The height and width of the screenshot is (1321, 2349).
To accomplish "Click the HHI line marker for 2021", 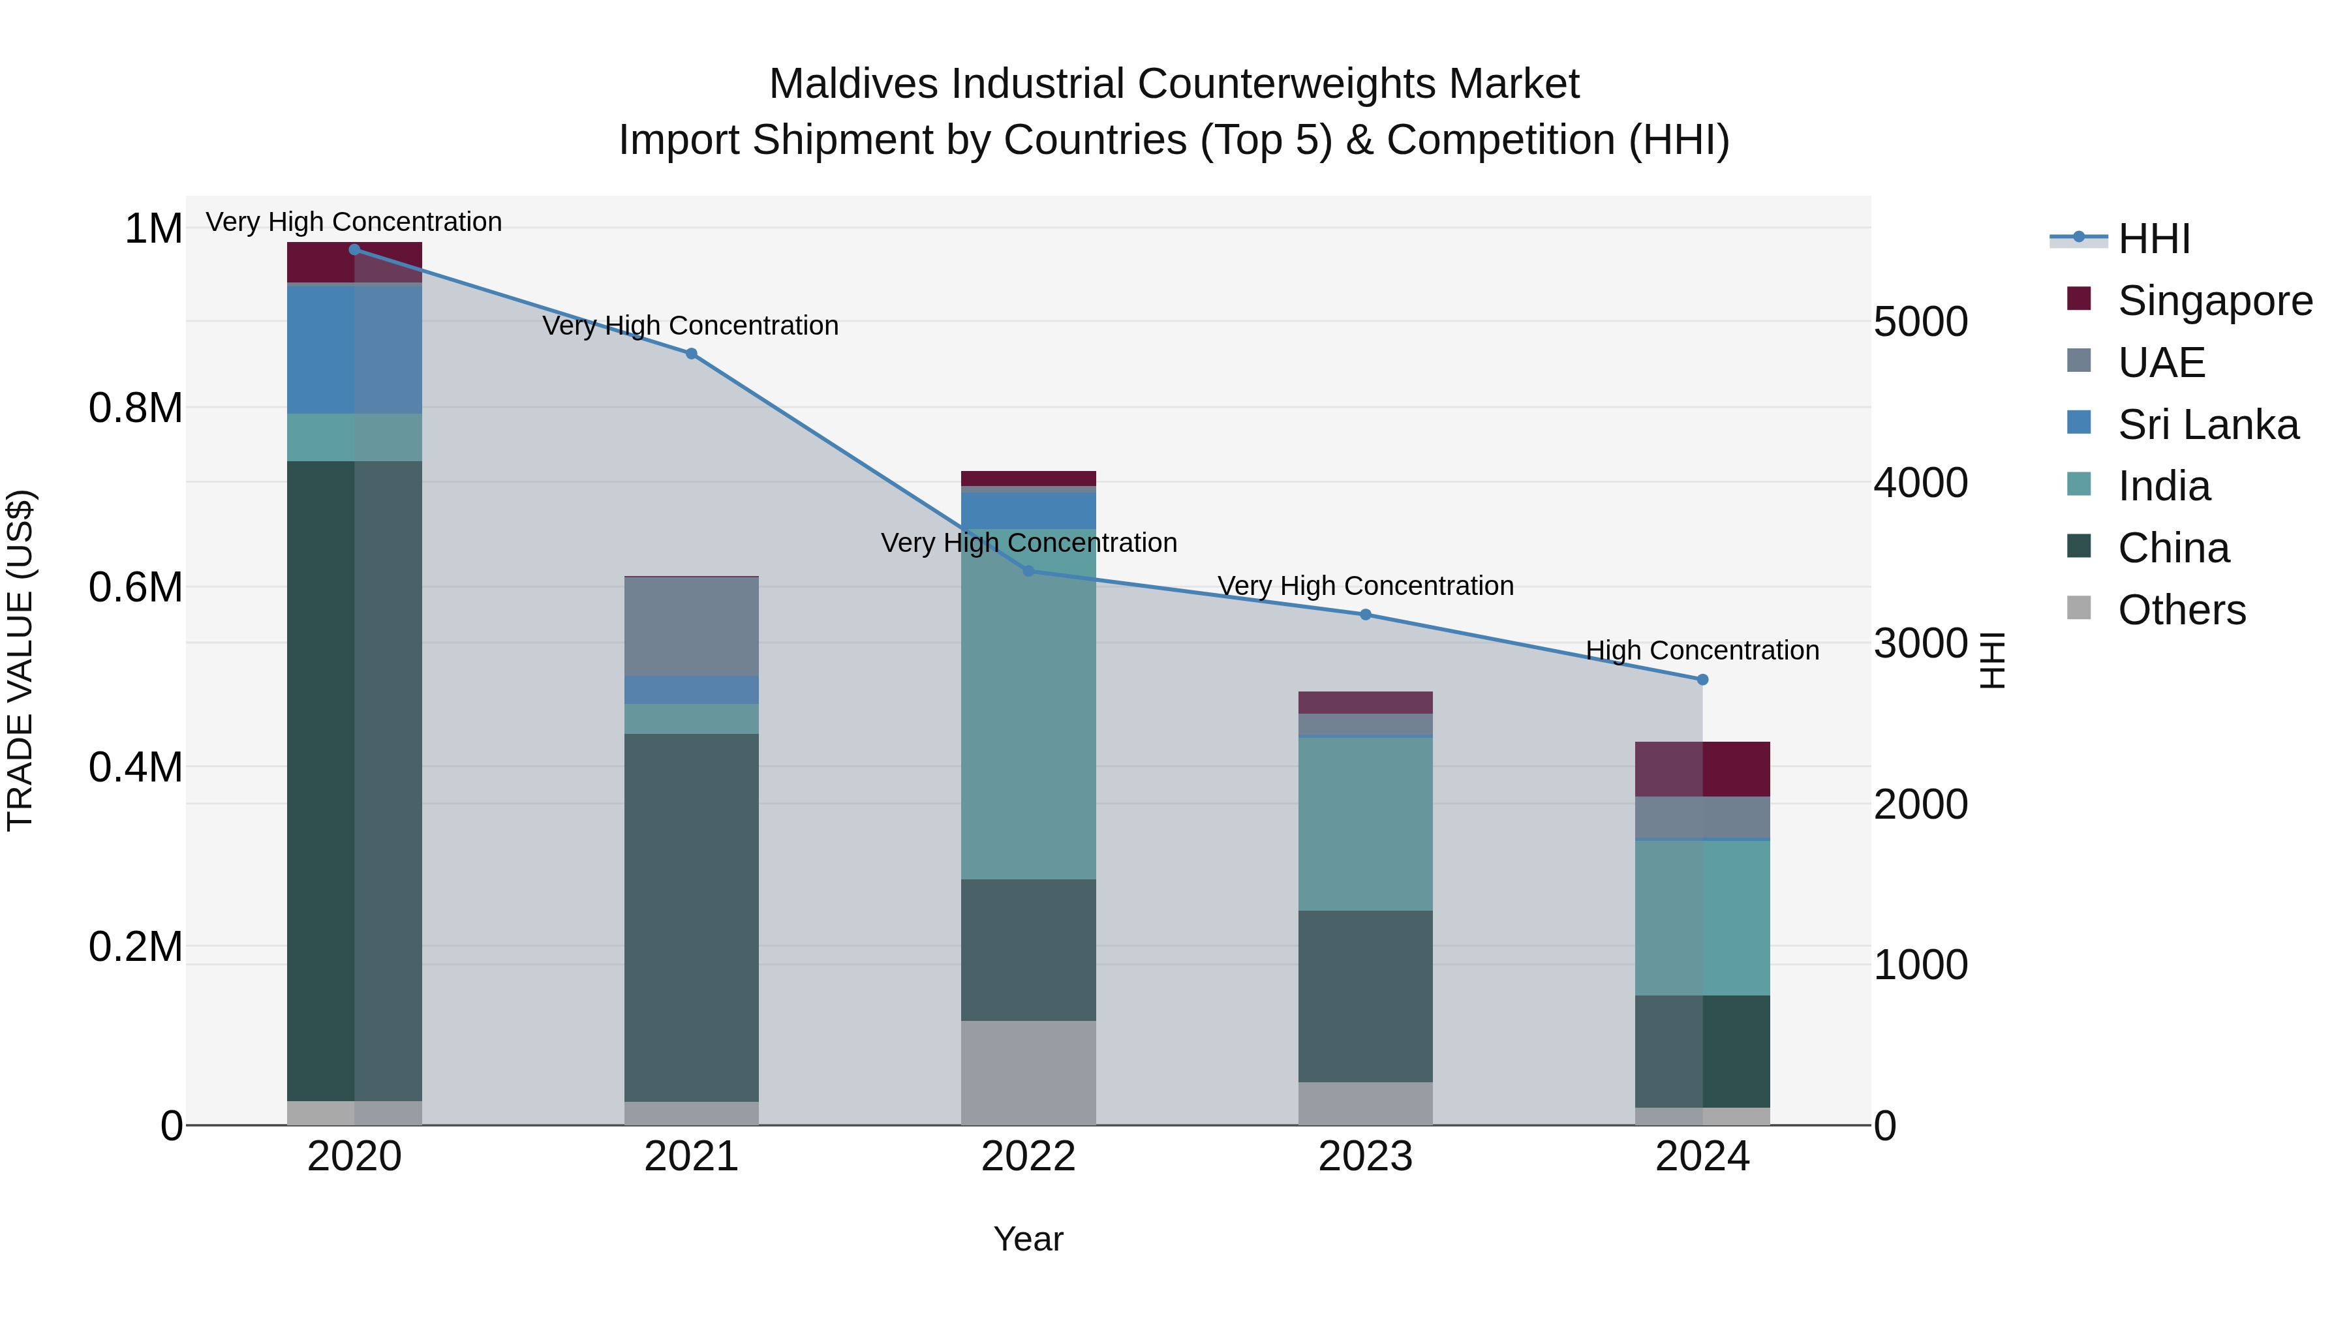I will (691, 354).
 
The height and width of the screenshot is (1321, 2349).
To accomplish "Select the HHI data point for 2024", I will (1702, 679).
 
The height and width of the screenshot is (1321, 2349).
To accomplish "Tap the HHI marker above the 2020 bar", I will (355, 249).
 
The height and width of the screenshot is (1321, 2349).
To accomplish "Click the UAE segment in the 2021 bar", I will (691, 626).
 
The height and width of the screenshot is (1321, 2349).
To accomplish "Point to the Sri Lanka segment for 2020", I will (355, 349).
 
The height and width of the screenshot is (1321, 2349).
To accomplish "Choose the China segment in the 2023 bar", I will (1365, 995).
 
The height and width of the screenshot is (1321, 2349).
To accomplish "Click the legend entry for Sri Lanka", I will (2207, 425).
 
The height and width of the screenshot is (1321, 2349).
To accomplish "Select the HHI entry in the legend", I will (2153, 239).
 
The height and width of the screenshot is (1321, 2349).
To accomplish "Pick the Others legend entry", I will (2181, 610).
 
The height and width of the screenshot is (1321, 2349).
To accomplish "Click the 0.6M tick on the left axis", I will (136, 587).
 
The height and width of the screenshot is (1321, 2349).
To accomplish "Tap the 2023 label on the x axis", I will (1365, 1157).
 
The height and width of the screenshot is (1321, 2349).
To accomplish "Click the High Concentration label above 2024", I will (1702, 650).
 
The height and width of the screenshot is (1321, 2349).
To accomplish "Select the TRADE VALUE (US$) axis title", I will (20, 660).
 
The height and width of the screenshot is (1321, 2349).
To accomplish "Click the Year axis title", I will (1028, 1239).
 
